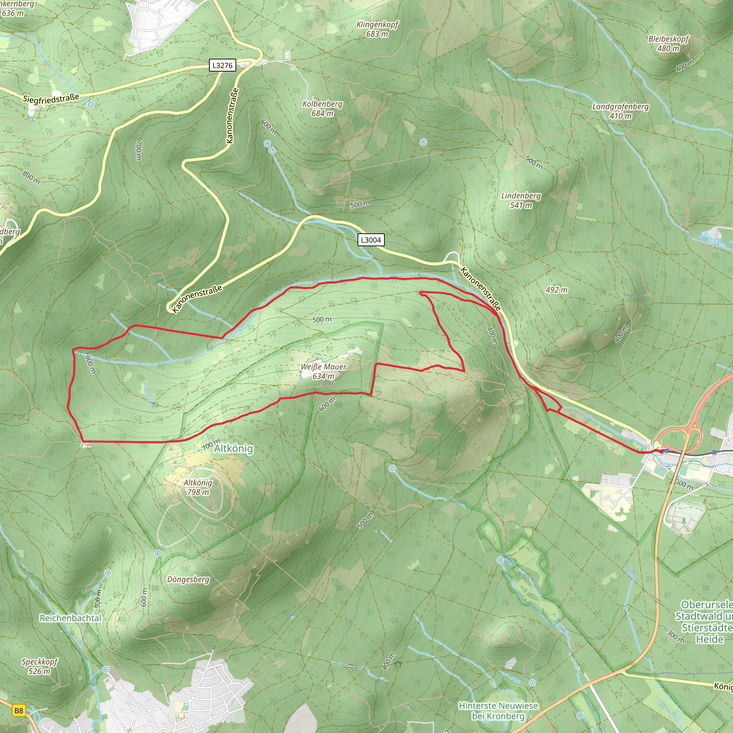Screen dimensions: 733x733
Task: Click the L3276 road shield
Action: tap(222, 65)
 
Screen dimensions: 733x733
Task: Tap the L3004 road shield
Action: tap(371, 240)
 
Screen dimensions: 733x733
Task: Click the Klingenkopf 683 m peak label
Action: tap(377, 29)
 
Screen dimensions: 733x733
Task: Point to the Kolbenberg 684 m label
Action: tap(322, 108)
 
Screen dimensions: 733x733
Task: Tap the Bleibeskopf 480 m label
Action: tap(669, 44)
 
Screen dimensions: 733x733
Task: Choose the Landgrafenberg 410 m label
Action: tap(620, 111)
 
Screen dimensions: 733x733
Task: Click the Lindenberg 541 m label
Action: tap(521, 200)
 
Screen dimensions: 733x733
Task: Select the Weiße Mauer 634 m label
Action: tap(323, 372)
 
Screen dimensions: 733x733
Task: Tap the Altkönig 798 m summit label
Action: tap(198, 487)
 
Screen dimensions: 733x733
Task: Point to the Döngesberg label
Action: tap(188, 580)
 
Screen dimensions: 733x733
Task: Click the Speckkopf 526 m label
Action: tap(39, 666)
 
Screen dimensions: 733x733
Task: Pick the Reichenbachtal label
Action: tap(71, 618)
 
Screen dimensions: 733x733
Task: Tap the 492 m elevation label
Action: tap(557, 290)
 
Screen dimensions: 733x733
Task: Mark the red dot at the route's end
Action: tap(662, 451)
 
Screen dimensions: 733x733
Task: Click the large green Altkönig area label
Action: tap(233, 448)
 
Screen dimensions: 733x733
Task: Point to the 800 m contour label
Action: tap(31, 177)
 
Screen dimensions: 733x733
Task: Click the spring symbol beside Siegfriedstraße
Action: tap(91, 105)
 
